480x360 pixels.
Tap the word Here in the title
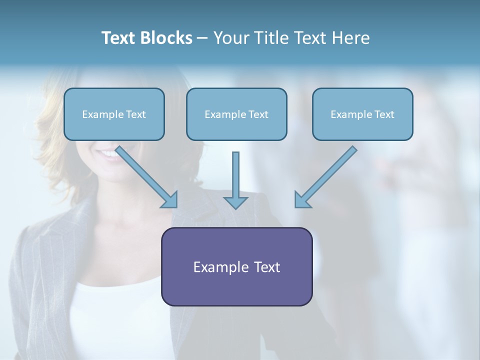click(351, 38)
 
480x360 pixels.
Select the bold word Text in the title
click(119, 38)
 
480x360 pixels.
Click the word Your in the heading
click(231, 38)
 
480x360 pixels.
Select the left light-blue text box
click(114, 114)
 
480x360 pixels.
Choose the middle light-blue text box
click(236, 114)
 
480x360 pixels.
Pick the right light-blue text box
click(362, 114)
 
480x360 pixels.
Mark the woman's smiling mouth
click(111, 153)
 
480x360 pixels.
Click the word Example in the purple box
click(214, 267)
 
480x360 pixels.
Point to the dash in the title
click(202, 38)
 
